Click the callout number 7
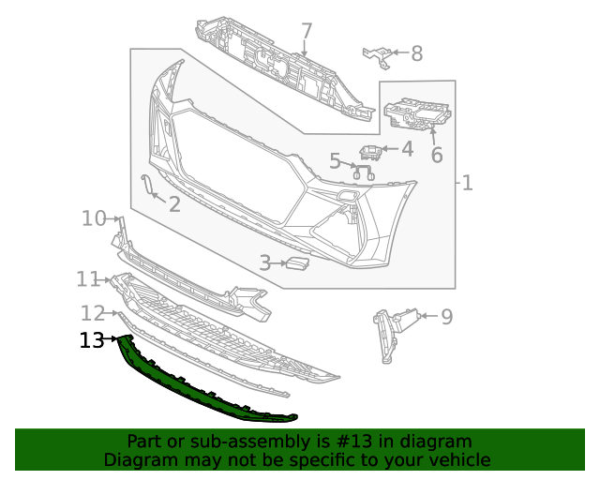307,32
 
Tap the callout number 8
417,53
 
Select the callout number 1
467,182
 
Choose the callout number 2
174,203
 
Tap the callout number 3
265,264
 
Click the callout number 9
446,317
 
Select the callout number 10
94,218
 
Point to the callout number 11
88,278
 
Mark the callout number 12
92,312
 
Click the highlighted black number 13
92,340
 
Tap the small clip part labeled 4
371,152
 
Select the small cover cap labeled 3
298,265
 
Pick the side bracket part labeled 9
387,333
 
